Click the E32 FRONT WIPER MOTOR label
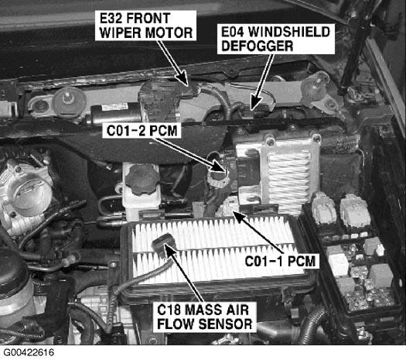tap(146, 26)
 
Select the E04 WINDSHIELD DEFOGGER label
tap(276, 39)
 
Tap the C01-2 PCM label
tap(142, 131)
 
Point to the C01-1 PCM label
tap(280, 261)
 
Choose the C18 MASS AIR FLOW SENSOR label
tap(204, 317)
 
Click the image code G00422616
tap(29, 352)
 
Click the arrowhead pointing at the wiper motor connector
tap(183, 78)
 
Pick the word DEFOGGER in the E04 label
tap(258, 46)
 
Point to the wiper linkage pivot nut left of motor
tap(68, 100)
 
